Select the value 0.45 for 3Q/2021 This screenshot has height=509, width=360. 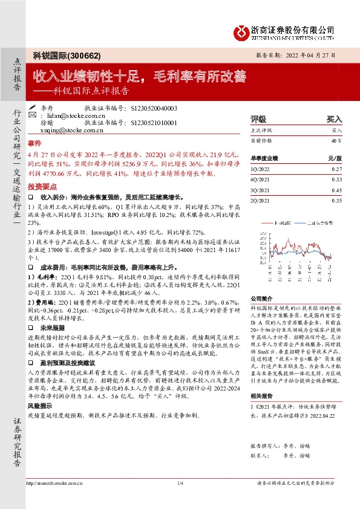pos(336,190)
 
